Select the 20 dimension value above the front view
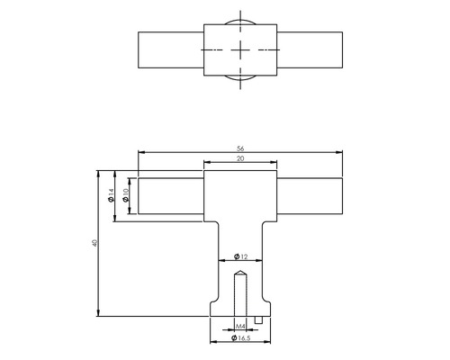coord(240,158)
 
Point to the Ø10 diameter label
coord(127,195)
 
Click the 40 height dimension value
coord(94,243)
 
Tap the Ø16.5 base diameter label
coord(240,340)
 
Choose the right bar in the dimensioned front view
coord(310,197)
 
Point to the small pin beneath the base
coord(260,318)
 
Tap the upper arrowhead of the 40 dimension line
coord(100,174)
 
